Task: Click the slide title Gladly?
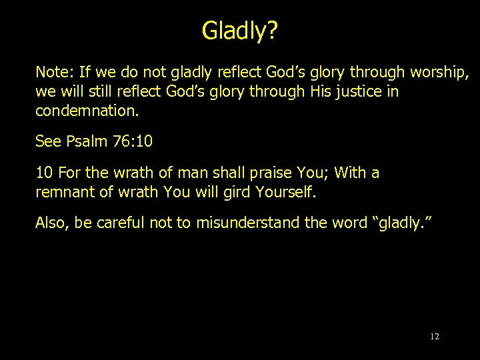coord(240,30)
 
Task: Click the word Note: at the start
coord(54,72)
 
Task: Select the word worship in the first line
coord(439,72)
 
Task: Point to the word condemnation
coord(87,111)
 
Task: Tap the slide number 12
coord(435,337)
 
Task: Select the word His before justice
coord(321,91)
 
